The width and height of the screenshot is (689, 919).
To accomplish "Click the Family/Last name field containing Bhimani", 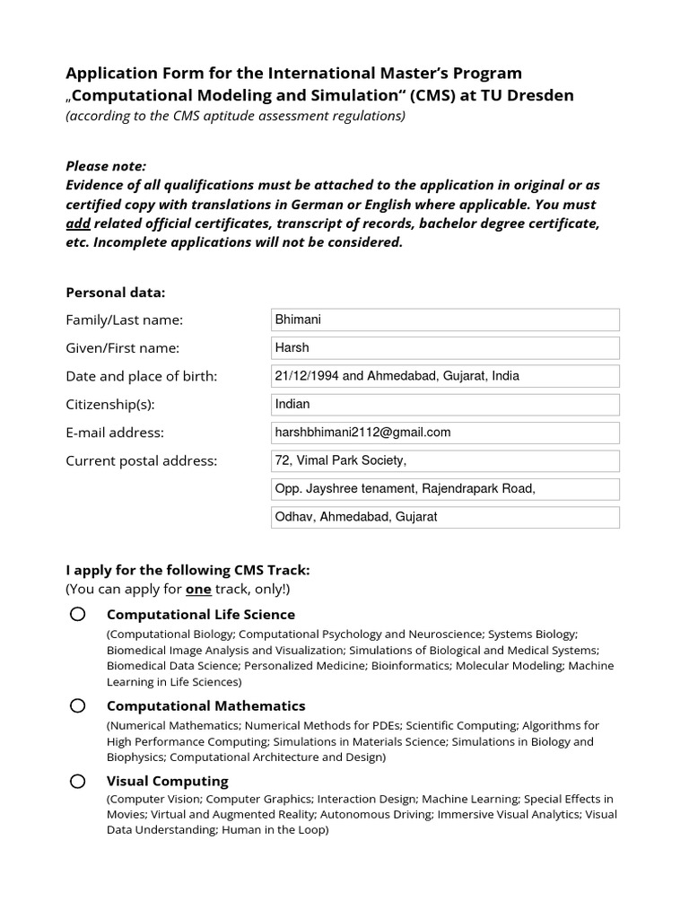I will click(444, 319).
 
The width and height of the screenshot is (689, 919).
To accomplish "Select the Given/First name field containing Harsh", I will click(444, 348).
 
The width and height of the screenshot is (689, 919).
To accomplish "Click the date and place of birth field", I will click(444, 376).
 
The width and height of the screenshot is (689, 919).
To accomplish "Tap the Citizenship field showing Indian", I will click(444, 405).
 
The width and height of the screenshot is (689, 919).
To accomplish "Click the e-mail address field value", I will click(444, 433).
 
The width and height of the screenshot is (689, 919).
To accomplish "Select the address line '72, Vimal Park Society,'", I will click(444, 461).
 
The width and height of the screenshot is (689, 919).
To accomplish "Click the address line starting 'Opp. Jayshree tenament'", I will click(444, 489).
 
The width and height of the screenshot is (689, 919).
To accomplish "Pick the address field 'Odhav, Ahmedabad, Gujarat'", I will click(444, 518).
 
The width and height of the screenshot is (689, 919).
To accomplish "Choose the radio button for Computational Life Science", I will click(78, 614).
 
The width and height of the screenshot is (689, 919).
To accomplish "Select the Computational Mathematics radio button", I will click(78, 705).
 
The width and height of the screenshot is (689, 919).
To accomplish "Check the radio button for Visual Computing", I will click(78, 781).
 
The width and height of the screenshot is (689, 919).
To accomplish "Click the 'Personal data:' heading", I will click(116, 293).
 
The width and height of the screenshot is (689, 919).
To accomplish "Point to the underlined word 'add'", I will click(78, 223).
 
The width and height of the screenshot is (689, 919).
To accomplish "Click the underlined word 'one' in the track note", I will click(198, 590).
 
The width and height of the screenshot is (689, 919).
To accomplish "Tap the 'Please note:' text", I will click(106, 166).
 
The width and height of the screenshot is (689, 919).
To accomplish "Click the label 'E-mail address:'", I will click(115, 433).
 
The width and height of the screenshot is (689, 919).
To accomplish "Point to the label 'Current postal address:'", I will click(142, 461).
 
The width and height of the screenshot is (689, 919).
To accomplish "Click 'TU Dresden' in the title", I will click(528, 95).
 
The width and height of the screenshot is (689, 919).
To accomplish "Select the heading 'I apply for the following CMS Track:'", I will click(188, 571).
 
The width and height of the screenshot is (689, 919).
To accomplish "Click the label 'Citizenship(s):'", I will click(110, 405).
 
